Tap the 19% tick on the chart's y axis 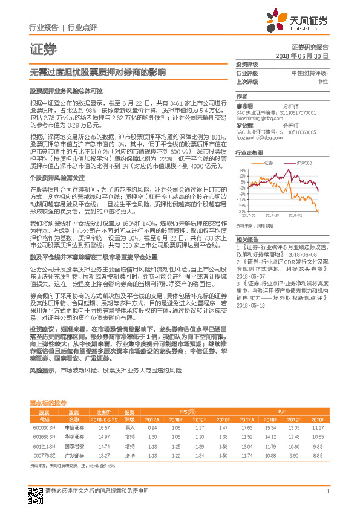click(x=242, y=172)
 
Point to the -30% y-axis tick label click(x=241, y=212)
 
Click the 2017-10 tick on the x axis click(x=274, y=215)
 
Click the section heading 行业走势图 click(x=249, y=153)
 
